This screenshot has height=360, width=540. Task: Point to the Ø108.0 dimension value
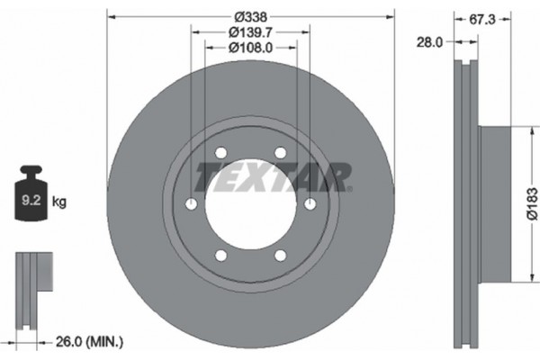tap(250, 48)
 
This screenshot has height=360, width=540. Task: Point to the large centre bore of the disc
tap(250, 205)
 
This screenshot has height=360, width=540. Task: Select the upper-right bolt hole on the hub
tap(281, 151)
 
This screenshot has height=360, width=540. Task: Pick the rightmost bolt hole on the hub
tap(311, 205)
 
